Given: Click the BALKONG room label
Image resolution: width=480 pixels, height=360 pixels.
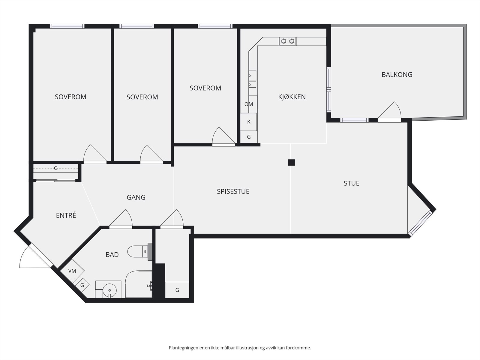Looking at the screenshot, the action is [397, 75].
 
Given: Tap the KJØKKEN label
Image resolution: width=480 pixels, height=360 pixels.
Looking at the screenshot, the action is [292, 97].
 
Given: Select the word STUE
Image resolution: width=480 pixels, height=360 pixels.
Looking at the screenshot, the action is [351, 183].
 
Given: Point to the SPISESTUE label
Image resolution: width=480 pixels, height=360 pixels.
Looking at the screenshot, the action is [233, 191].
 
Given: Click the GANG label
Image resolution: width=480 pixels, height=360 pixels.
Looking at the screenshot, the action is [136, 197].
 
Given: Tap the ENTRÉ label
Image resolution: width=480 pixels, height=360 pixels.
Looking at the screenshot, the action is [66, 215].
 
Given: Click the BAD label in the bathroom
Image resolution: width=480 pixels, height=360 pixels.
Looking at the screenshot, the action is [112, 255].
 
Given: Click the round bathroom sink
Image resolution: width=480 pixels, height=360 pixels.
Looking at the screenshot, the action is [109, 290].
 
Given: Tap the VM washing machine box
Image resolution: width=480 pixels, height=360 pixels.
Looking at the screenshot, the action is [72, 271].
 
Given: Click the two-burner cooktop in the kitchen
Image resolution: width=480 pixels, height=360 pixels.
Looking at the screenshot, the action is [288, 41].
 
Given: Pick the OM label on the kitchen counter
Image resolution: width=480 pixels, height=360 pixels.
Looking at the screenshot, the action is [249, 104].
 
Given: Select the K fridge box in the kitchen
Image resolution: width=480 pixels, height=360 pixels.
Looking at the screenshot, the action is [249, 122].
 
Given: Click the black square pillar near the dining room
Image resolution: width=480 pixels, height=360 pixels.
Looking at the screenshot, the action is [291, 162].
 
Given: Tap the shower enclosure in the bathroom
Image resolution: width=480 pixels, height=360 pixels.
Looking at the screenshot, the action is [139, 284].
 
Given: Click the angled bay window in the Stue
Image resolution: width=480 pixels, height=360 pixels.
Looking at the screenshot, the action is [420, 223].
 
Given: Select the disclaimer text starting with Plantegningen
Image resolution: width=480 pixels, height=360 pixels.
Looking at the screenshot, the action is [240, 347].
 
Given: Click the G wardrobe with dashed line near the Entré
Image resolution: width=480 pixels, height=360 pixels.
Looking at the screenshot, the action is [56, 168].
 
